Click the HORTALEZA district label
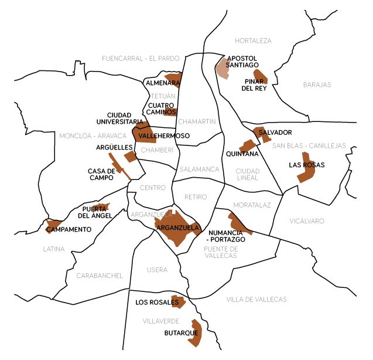pyautogui.click(x=253, y=41)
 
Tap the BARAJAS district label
pyautogui.click(x=317, y=85)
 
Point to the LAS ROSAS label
pyautogui.click(x=306, y=165)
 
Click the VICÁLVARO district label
pyautogui.click(x=306, y=221)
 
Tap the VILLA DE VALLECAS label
pyautogui.click(x=256, y=300)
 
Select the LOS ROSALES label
pyautogui.click(x=156, y=303)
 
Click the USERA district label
pyautogui.click(x=157, y=270)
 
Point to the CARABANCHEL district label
pyautogui.click(x=100, y=276)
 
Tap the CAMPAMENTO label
pyautogui.click(x=69, y=229)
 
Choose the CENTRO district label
pyautogui.click(x=153, y=188)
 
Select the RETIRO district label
pyautogui.click(x=196, y=197)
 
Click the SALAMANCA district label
pyautogui.click(x=199, y=169)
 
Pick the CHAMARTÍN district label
pyautogui.click(x=197, y=122)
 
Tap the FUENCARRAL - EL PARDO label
pyautogui.click(x=141, y=59)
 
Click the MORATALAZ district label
pyautogui.click(x=252, y=205)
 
